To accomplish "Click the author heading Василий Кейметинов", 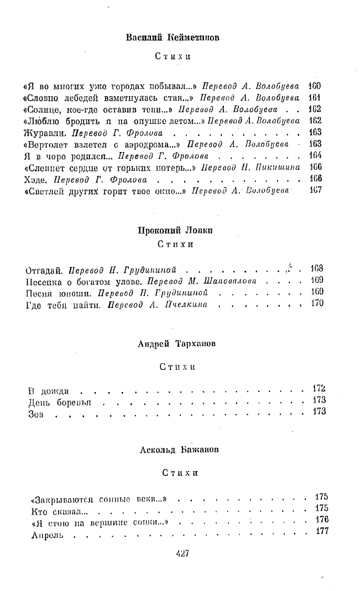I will coord(173,38).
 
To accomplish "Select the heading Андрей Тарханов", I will coord(177,344).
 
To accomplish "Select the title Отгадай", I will coord(45,270).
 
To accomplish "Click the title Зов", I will coord(34,412).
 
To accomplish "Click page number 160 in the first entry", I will coord(316,86).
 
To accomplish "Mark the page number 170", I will coord(317,304).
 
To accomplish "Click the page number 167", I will coord(316,191).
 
